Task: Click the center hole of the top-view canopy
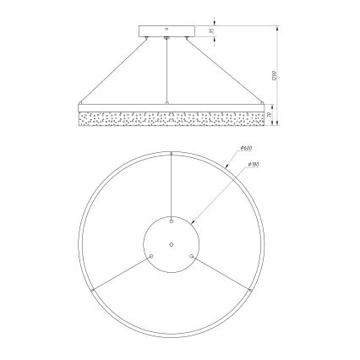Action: point(172,244)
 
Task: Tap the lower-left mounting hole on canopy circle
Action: point(150,256)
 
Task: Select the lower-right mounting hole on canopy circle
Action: point(193,256)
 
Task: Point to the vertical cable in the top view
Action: point(172,186)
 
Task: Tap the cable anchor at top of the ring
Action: point(172,153)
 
